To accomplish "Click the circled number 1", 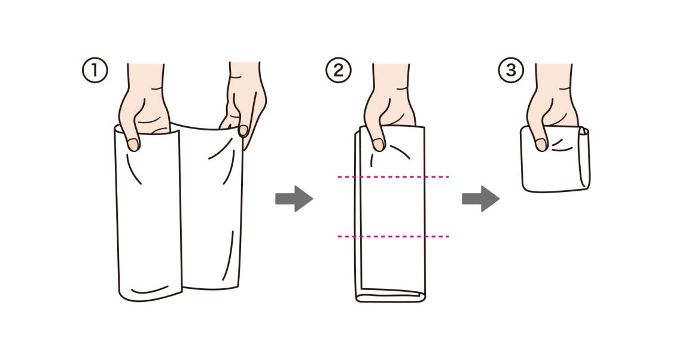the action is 95,71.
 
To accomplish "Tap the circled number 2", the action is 339,71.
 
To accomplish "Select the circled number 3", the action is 511,70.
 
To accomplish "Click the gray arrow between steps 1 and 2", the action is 294,199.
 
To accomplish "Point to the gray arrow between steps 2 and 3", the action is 481,199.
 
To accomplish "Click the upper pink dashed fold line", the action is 393,176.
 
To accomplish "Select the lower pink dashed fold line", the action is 393,236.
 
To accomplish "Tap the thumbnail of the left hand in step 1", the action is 133,145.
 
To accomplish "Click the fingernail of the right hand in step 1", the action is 243,130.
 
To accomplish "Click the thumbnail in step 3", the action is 541,145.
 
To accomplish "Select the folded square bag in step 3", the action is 555,158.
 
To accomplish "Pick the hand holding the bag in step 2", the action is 389,106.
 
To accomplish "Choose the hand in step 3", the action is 552,106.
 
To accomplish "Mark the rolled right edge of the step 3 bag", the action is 584,158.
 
